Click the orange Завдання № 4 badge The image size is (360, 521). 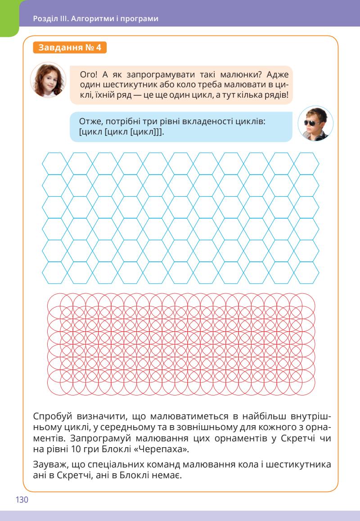pos(70,48)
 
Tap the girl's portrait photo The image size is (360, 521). pos(48,80)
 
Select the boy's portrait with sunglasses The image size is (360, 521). pos(315,124)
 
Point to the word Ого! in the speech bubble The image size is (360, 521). pos(88,75)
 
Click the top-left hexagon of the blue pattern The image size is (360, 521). pos(54,162)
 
